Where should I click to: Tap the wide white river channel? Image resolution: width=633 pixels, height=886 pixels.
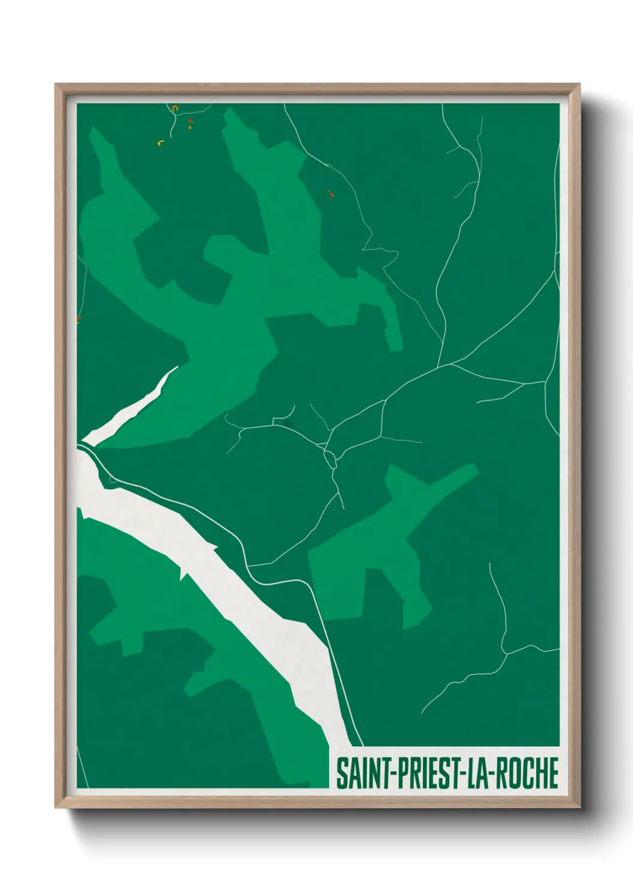coord(239,605)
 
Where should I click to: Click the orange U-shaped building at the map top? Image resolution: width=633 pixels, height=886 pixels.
coord(175,108)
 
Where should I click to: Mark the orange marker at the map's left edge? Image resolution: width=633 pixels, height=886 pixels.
coord(78,320)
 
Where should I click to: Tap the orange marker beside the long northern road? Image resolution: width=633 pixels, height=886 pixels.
coord(330,193)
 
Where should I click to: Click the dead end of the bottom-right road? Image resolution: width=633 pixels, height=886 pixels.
coord(422,713)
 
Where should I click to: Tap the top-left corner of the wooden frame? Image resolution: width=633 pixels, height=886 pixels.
coord(56,84)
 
